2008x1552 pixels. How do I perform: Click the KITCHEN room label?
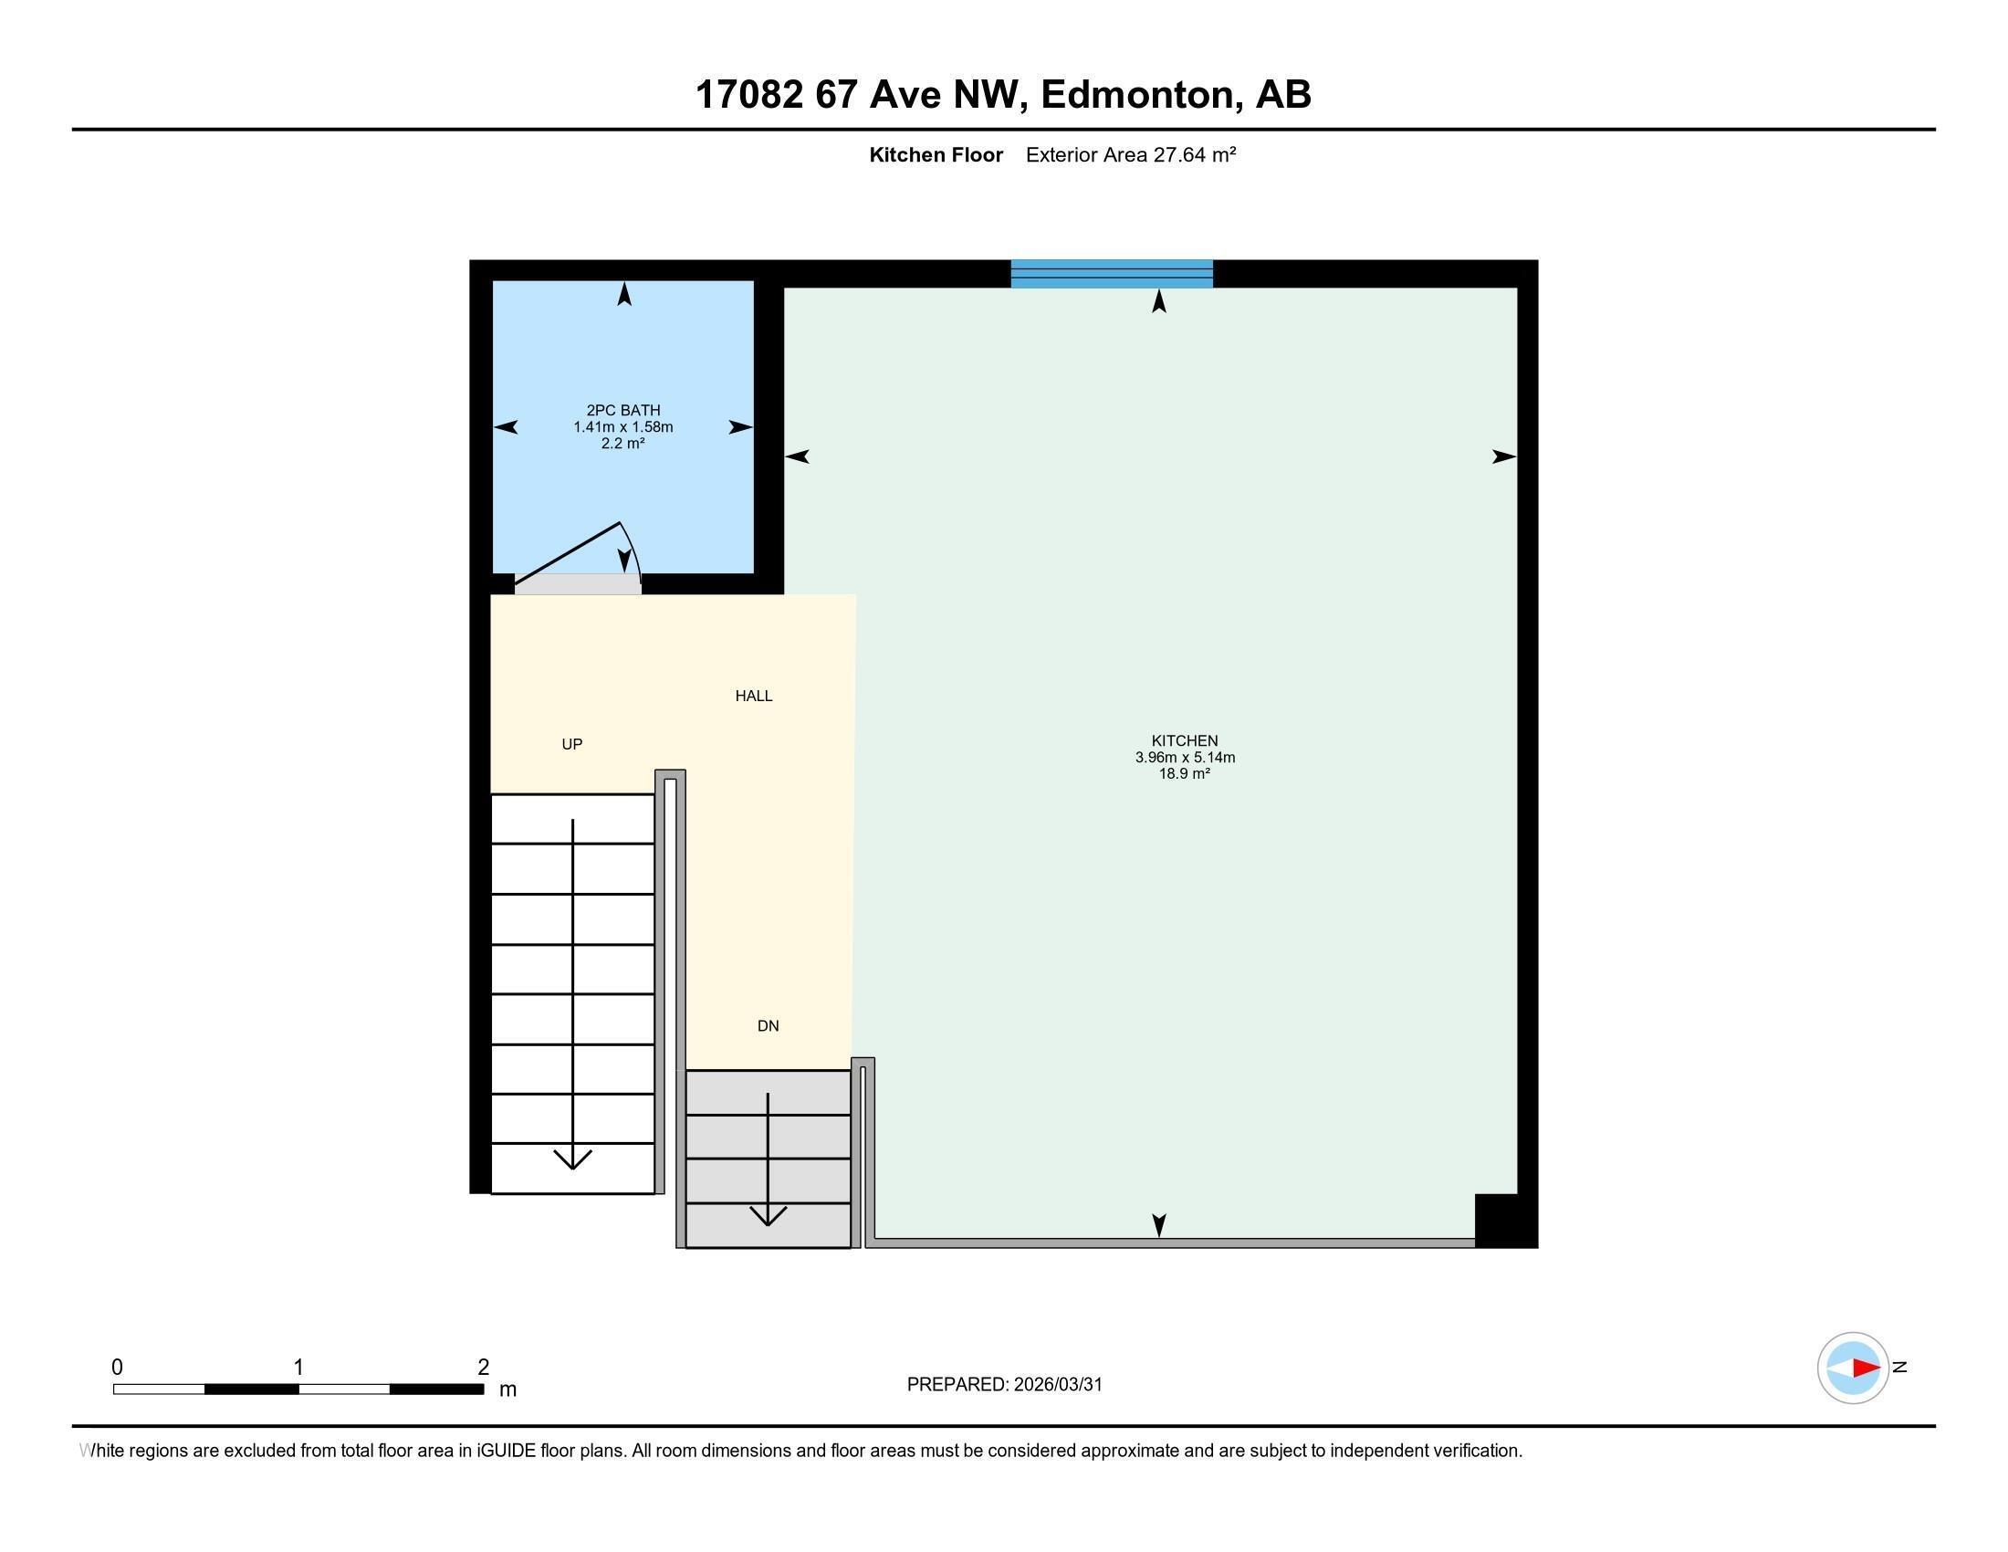coord(1184,740)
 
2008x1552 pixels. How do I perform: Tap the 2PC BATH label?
coord(623,410)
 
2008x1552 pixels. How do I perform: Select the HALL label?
coord(753,696)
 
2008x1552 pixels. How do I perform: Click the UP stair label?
coord(572,744)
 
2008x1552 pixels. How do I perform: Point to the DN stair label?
coord(768,1026)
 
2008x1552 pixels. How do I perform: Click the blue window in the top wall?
coord(1112,274)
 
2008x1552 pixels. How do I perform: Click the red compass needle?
coord(1865,1368)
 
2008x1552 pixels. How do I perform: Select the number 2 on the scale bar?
coord(484,1368)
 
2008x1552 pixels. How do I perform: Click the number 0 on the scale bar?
coord(117,1368)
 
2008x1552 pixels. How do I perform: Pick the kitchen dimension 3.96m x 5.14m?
coord(1184,758)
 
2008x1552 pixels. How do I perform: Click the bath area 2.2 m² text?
coord(623,443)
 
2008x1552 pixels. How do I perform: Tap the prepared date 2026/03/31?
coord(1057,1385)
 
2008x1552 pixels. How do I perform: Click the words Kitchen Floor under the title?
coord(935,154)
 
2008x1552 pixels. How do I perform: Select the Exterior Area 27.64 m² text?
coord(1130,154)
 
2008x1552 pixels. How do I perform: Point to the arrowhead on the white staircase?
coord(573,1159)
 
